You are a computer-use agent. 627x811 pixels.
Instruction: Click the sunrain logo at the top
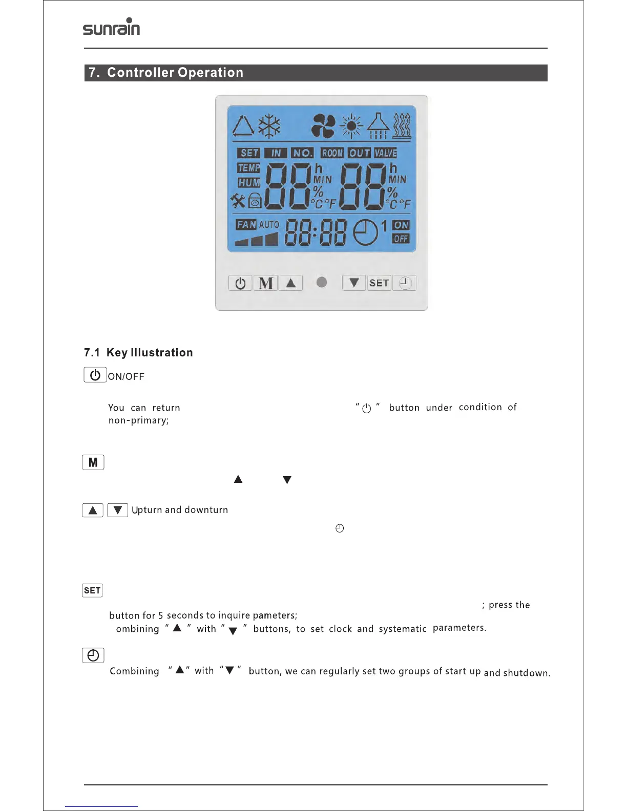click(x=111, y=27)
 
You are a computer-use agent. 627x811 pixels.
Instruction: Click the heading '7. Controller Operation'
click(x=165, y=73)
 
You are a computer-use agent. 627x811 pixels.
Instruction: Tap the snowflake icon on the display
click(x=269, y=125)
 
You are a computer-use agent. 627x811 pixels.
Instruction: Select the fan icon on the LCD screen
click(x=323, y=125)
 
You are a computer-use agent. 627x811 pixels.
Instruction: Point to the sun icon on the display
click(x=351, y=126)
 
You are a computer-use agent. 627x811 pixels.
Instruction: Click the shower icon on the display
click(x=378, y=126)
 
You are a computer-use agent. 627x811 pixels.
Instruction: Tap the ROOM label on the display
click(x=332, y=153)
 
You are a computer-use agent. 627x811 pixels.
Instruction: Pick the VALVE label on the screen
click(x=386, y=153)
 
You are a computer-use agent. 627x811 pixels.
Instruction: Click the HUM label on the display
click(x=249, y=183)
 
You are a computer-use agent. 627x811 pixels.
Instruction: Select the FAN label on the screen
click(x=246, y=225)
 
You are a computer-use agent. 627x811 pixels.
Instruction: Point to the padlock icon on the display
click(x=255, y=201)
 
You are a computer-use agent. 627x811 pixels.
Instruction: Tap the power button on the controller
click(x=240, y=283)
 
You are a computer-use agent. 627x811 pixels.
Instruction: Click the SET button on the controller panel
click(x=379, y=283)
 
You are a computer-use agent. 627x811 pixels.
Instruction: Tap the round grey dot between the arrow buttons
click(x=322, y=282)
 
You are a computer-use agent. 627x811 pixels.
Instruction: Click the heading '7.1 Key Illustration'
click(x=138, y=353)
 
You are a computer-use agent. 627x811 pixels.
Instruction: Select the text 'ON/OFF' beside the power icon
click(x=126, y=377)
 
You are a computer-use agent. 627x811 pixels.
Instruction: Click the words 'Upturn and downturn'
click(x=180, y=510)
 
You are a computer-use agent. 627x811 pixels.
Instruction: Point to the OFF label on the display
click(x=401, y=239)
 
